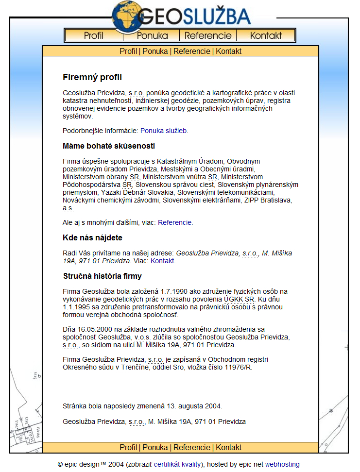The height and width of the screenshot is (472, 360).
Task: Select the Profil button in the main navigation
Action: point(94,35)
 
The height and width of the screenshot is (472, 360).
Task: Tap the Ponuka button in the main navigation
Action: point(152,35)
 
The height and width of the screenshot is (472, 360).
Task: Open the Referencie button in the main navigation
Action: point(208,35)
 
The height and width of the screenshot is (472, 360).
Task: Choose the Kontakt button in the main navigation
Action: point(266,35)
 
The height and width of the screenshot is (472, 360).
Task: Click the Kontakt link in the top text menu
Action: point(228,51)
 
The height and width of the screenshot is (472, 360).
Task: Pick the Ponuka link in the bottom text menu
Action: point(155,447)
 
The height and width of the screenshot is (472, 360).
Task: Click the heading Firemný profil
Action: point(92,77)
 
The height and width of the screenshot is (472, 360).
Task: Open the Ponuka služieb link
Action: point(164,131)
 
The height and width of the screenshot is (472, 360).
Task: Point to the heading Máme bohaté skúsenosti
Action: point(109,146)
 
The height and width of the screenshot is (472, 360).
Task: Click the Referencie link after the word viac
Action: point(175,222)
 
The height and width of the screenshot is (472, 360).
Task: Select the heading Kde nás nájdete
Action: point(92,237)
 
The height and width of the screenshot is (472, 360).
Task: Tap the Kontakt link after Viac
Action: point(162,261)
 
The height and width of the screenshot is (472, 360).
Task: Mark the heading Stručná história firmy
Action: point(102,276)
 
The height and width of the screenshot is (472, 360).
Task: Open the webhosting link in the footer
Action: point(282,464)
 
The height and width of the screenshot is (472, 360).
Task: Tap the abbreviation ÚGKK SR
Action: point(240,300)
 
